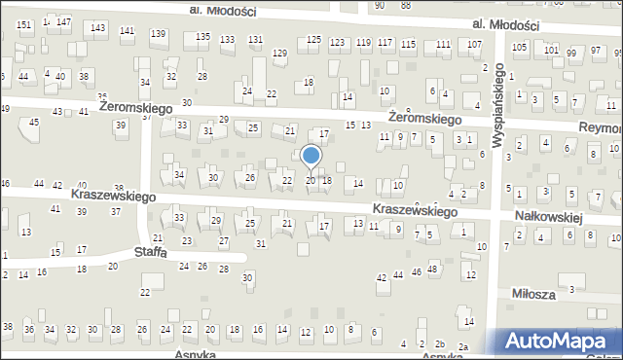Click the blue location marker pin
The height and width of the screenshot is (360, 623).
tap(311, 156)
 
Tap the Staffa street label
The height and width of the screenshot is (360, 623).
tap(150, 252)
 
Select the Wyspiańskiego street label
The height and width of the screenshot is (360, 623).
tap(498, 106)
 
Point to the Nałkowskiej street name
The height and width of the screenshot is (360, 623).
tap(551, 219)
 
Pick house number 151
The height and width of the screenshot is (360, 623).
tap(24, 24)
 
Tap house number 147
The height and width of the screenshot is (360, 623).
tap(63, 21)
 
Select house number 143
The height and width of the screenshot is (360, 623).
tap(98, 27)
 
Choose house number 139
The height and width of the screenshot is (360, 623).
tap(158, 34)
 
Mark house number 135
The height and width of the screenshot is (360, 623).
tap(202, 37)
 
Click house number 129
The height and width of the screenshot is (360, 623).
tap(279, 53)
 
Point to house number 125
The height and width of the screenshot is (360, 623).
tap(313, 39)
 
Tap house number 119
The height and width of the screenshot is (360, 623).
tap(363, 43)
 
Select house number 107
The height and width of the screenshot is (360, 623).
tap(474, 45)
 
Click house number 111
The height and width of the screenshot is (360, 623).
tap(443, 45)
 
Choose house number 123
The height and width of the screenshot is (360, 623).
tap(337, 43)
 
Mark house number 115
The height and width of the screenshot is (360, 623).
tap(408, 45)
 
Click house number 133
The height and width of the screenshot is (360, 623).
tap(227, 40)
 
